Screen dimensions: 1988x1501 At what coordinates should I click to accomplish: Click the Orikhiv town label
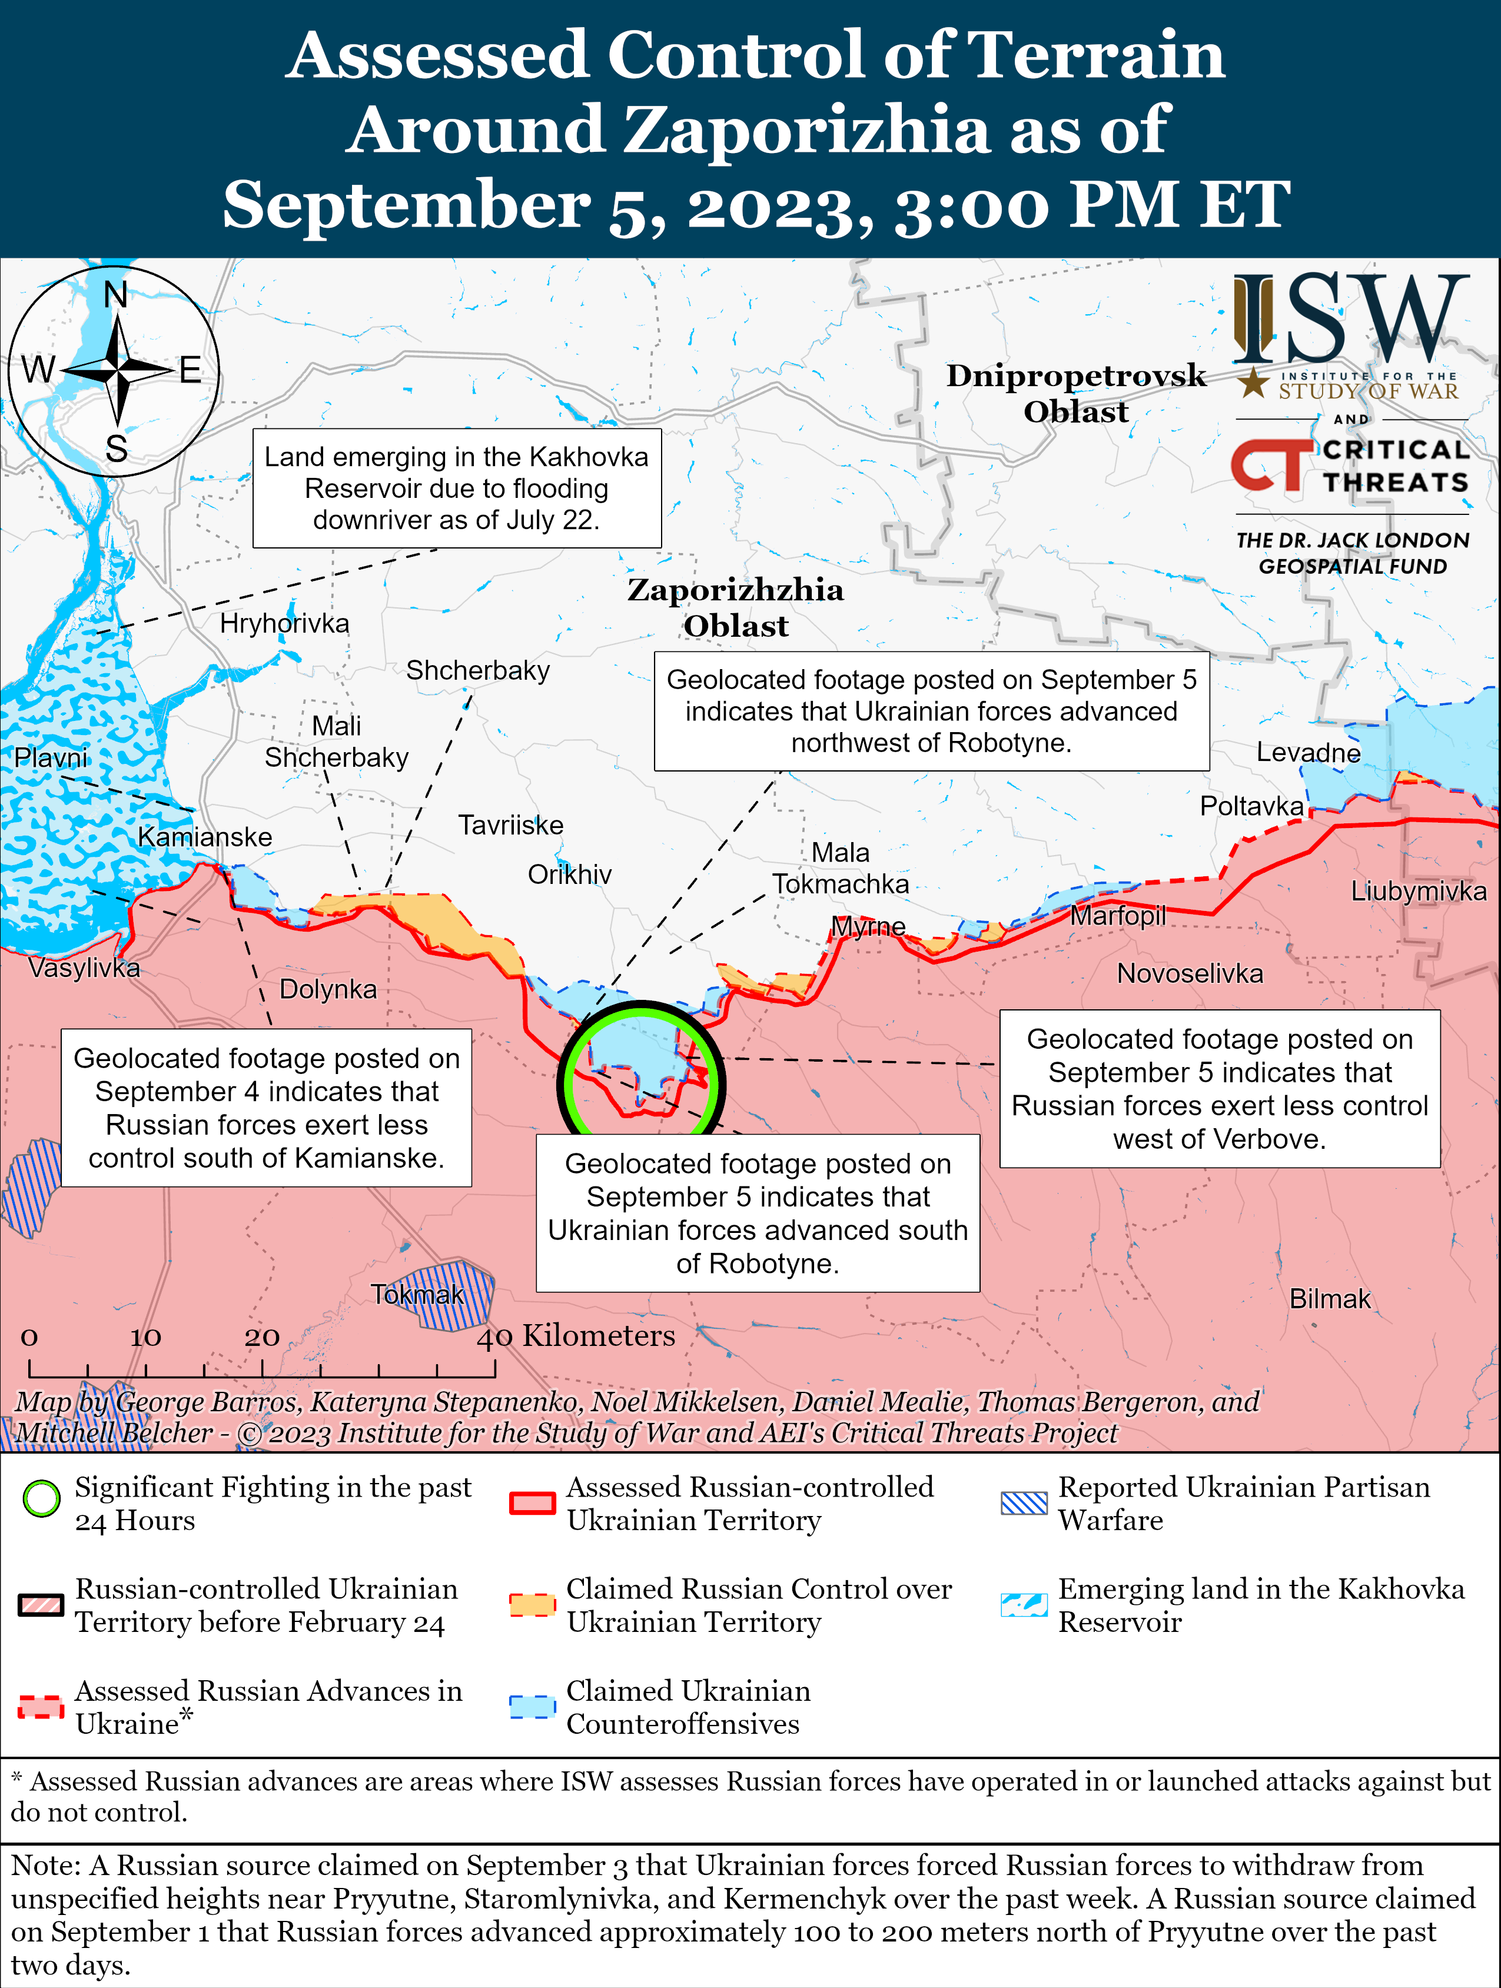569,875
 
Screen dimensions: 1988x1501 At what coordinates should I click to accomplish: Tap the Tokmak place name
418,1294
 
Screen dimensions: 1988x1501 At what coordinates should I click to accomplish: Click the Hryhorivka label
284,623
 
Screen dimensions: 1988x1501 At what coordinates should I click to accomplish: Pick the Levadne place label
1308,752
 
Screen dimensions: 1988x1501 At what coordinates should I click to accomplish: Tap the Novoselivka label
1189,973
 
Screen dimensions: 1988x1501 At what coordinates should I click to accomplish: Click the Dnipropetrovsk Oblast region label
1076,393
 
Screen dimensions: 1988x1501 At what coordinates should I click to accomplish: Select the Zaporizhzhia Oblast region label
735,607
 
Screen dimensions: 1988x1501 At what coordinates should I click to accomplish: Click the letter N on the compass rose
116,294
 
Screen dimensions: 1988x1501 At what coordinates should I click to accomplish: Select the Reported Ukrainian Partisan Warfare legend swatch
1024,1502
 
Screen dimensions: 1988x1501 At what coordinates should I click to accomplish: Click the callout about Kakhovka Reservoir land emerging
457,488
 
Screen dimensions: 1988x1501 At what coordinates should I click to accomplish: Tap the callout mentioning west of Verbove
1220,1088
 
